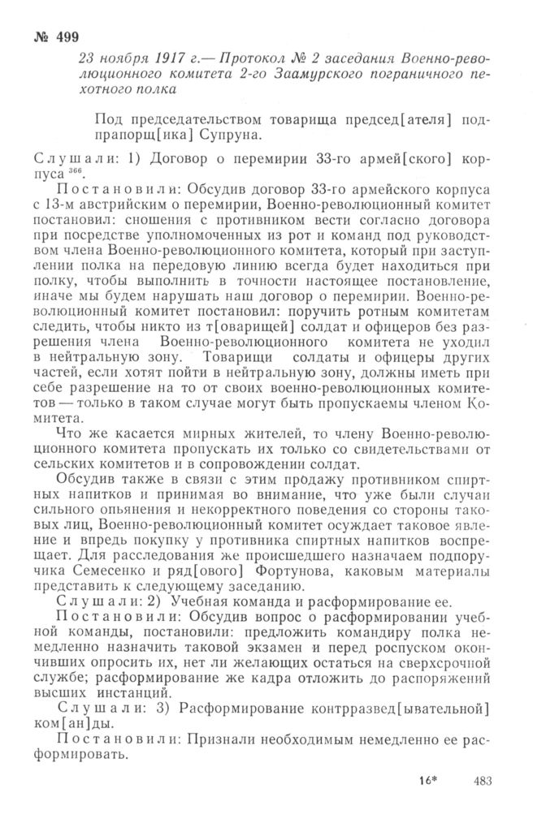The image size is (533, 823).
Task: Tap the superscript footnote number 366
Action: [81, 170]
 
